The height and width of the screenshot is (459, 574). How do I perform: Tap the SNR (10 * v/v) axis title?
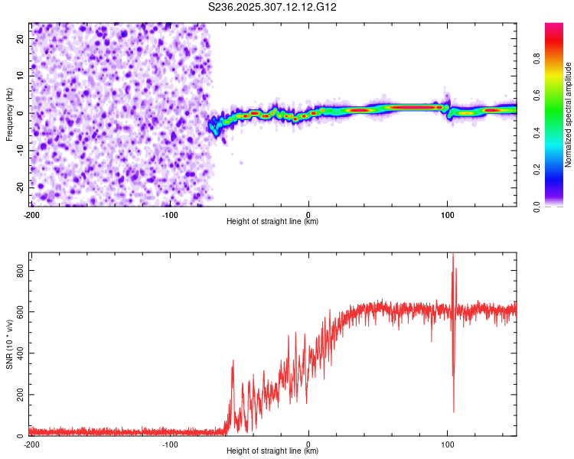coord(9,343)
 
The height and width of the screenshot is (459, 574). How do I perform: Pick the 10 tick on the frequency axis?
coord(21,75)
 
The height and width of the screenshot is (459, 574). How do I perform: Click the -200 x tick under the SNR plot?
coord(31,444)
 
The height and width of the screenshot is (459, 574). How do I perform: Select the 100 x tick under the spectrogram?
coord(448,214)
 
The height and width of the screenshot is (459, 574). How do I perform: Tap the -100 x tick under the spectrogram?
coord(170,214)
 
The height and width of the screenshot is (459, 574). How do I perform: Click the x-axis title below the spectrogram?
coord(273,222)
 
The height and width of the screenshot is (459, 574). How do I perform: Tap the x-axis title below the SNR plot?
coord(273,451)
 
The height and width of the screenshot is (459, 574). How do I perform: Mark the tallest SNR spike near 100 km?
coord(453,256)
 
